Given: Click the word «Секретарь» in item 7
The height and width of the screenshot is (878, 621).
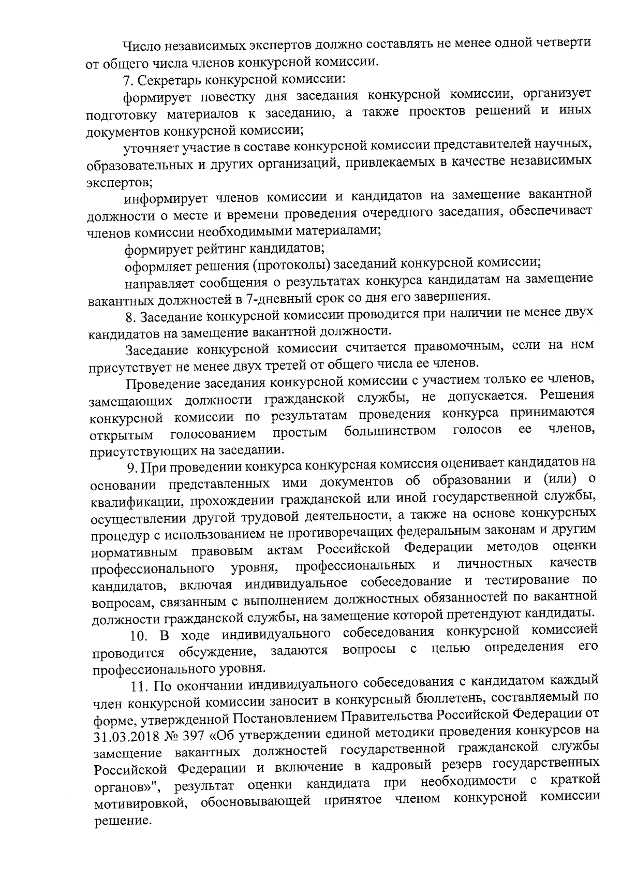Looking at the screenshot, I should (x=171, y=80).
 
